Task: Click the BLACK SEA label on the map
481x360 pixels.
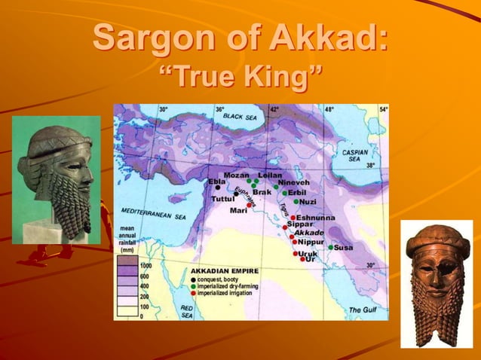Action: [240, 117]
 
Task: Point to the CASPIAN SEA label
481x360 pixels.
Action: [354, 154]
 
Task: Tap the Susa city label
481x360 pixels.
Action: [343, 247]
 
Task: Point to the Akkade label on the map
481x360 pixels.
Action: [308, 233]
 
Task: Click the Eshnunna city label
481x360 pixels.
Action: [315, 218]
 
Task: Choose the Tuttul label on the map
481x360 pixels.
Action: [222, 200]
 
